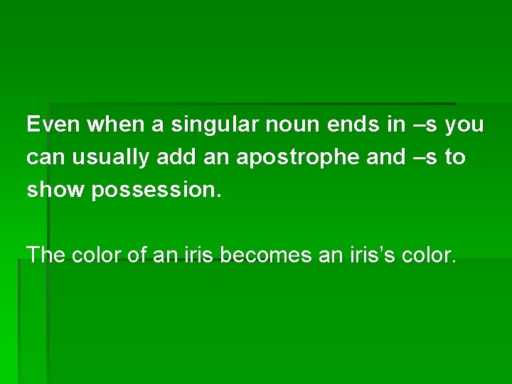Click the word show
point(55,190)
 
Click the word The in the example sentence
point(46,254)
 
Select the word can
point(44,158)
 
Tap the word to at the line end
point(455,158)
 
